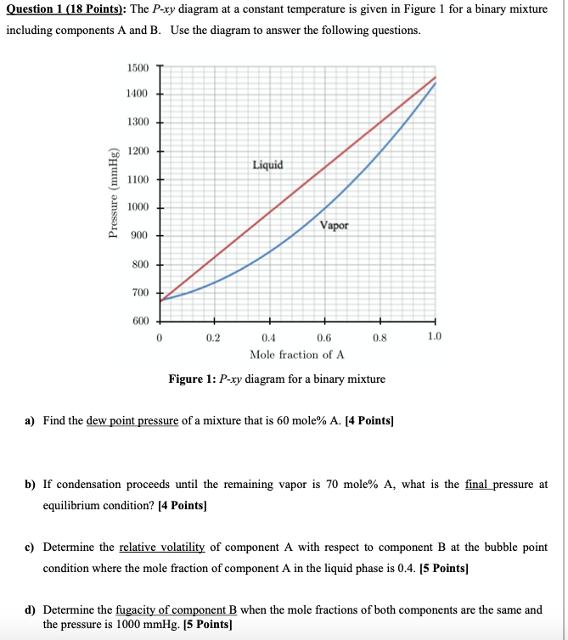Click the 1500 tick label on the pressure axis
pyautogui.click(x=137, y=67)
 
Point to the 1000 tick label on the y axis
pyautogui.click(x=137, y=208)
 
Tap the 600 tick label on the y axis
pyautogui.click(x=139, y=321)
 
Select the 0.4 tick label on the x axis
pyautogui.click(x=269, y=337)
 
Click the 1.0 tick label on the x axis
pyautogui.click(x=434, y=337)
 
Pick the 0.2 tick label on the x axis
pyautogui.click(x=213, y=337)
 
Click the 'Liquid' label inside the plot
pyautogui.click(x=267, y=165)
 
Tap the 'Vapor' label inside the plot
pyautogui.click(x=334, y=226)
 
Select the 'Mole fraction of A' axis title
pyautogui.click(x=296, y=354)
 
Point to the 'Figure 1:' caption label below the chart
pyautogui.click(x=192, y=379)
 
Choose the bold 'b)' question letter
pyautogui.click(x=30, y=484)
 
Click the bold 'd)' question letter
pyautogui.click(x=30, y=609)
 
